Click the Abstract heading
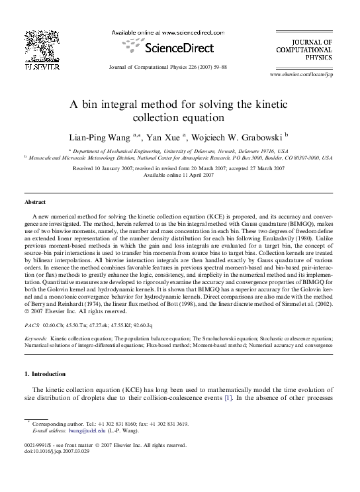point(35,202)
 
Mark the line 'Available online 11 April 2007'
point(179,175)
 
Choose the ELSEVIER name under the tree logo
point(42,68)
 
